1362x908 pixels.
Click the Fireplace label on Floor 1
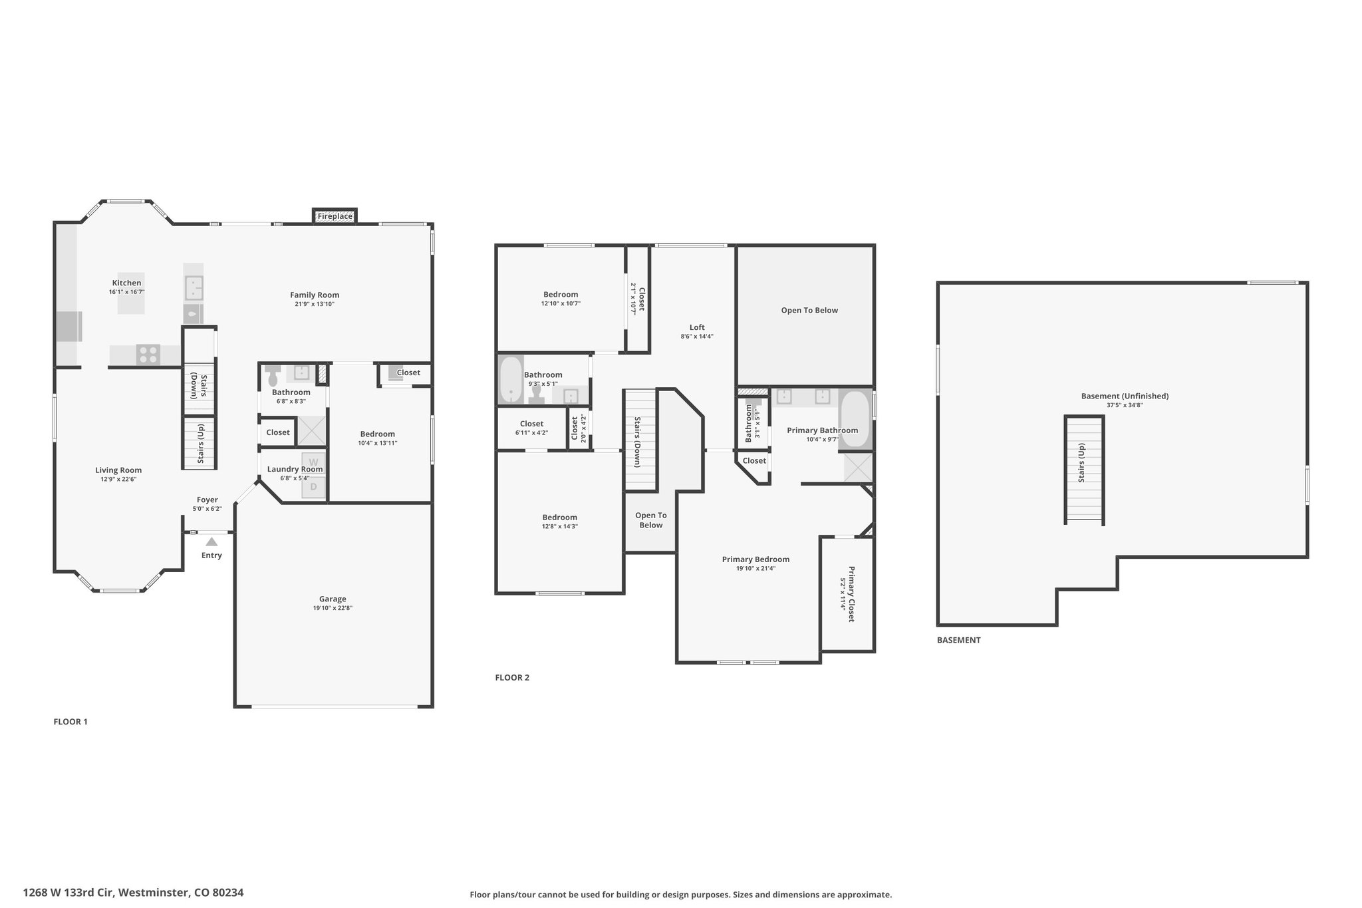pyautogui.click(x=335, y=216)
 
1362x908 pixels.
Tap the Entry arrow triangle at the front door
pyautogui.click(x=211, y=541)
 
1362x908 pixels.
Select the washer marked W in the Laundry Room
pyautogui.click(x=313, y=462)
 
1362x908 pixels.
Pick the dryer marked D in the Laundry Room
pyautogui.click(x=313, y=486)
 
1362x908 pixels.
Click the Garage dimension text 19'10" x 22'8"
pyautogui.click(x=333, y=608)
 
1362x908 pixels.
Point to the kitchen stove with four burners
pyautogui.click(x=148, y=355)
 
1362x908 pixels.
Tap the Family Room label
pyautogui.click(x=315, y=295)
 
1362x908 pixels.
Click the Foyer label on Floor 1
pyautogui.click(x=207, y=500)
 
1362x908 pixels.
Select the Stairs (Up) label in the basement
pyautogui.click(x=1082, y=462)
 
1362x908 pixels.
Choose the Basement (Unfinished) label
pyautogui.click(x=1125, y=396)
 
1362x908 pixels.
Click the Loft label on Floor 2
pyautogui.click(x=697, y=327)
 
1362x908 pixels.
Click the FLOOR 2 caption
pyautogui.click(x=512, y=678)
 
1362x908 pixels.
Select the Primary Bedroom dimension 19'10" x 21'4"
pyautogui.click(x=755, y=568)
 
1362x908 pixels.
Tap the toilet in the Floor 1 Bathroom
pyautogui.click(x=273, y=376)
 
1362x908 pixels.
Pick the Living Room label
pyautogui.click(x=118, y=470)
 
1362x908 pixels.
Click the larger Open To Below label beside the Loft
pyautogui.click(x=809, y=310)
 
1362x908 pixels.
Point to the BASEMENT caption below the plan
pyautogui.click(x=958, y=640)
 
